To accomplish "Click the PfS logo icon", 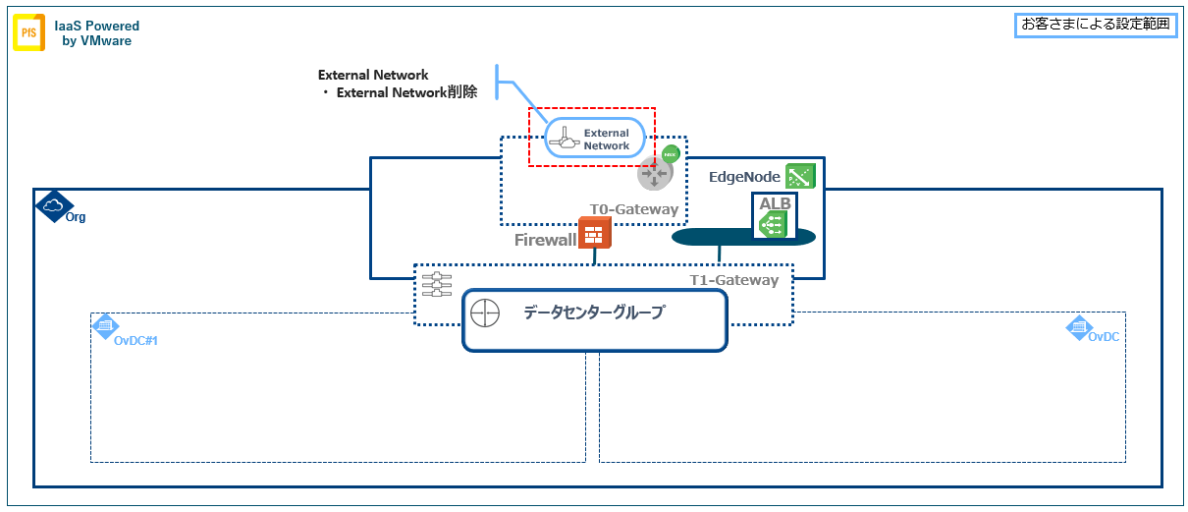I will tap(29, 33).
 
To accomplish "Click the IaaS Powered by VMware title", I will tap(96, 33).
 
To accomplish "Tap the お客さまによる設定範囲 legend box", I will tap(1096, 25).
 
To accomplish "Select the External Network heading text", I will tap(373, 75).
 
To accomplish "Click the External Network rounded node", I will tap(594, 139).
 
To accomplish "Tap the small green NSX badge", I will tap(671, 154).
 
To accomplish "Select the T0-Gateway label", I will tap(633, 209).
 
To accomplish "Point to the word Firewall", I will tap(545, 239).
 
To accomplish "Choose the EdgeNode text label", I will tap(744, 177).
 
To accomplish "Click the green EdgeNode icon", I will tap(800, 176).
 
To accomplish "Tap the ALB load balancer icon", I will tap(774, 223).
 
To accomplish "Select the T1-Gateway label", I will tap(733, 280).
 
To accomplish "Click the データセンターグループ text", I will tap(593, 313).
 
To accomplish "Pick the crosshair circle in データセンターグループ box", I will tap(485, 314).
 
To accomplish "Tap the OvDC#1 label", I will tap(136, 340).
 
